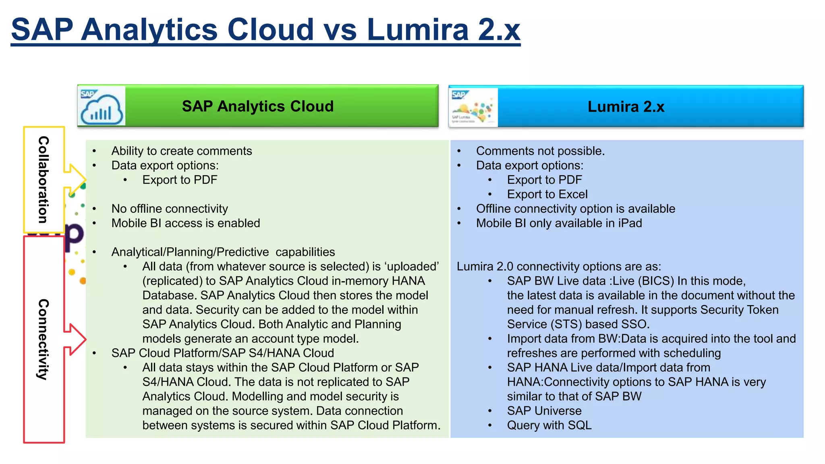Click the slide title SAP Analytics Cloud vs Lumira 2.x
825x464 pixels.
click(265, 30)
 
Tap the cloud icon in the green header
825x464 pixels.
click(102, 107)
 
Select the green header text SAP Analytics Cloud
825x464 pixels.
click(258, 106)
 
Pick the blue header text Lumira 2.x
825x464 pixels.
click(626, 107)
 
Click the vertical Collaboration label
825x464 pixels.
click(44, 180)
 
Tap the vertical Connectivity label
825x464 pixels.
click(44, 339)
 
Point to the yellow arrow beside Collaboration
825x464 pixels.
click(76, 180)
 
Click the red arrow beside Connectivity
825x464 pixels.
click(76, 339)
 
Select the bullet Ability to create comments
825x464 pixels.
click(182, 151)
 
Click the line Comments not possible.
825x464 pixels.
click(540, 151)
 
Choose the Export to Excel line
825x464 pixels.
click(547, 195)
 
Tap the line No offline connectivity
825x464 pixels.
click(170, 209)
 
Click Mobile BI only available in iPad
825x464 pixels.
click(559, 223)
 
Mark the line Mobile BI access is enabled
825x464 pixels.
click(186, 223)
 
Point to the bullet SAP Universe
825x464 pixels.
click(544, 411)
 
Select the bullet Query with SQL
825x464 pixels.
click(549, 425)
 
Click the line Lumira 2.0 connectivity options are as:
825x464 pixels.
click(559, 267)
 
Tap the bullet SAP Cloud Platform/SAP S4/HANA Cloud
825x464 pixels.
click(223, 353)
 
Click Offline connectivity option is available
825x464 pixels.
click(575, 209)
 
